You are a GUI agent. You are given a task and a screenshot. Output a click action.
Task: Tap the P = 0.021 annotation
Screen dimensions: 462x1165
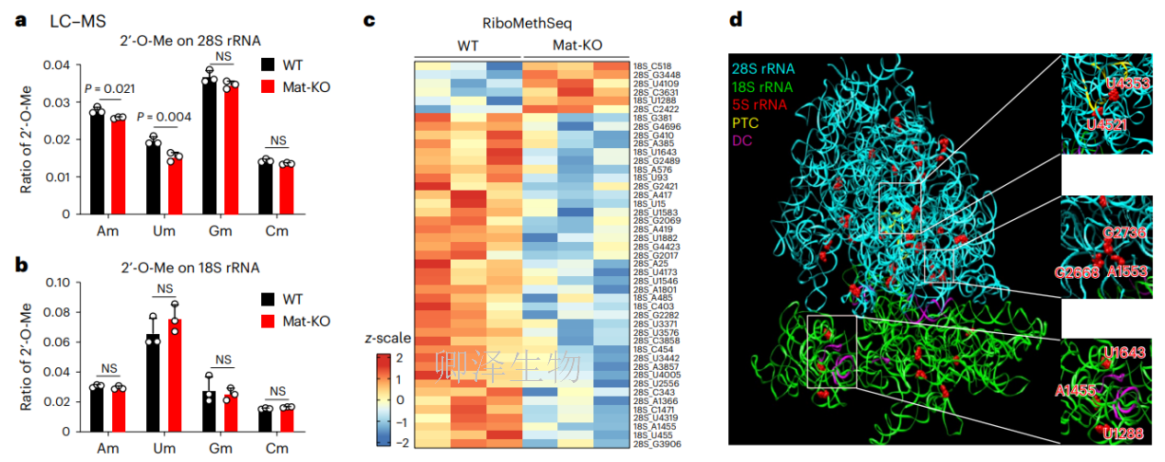(110, 88)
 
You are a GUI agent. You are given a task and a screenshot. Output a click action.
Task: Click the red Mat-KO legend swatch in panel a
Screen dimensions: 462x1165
(268, 86)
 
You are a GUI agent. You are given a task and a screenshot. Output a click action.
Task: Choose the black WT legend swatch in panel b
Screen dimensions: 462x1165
(268, 298)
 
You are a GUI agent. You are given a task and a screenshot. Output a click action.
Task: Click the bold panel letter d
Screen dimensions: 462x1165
(736, 19)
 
